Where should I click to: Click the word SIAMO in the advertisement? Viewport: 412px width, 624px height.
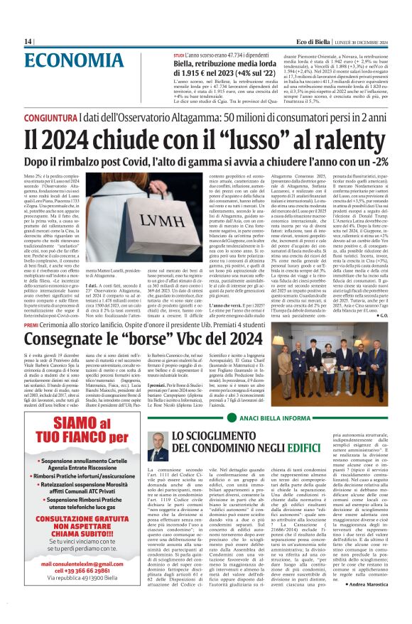tap(60, 415)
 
